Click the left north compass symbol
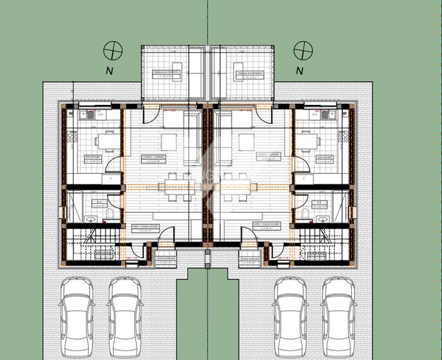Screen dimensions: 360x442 click(x=113, y=50)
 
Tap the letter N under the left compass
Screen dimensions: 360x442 click(x=109, y=70)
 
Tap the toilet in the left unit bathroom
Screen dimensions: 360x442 click(x=110, y=213)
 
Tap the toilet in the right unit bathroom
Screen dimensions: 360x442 click(x=308, y=213)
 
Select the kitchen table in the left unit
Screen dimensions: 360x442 click(x=106, y=139)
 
